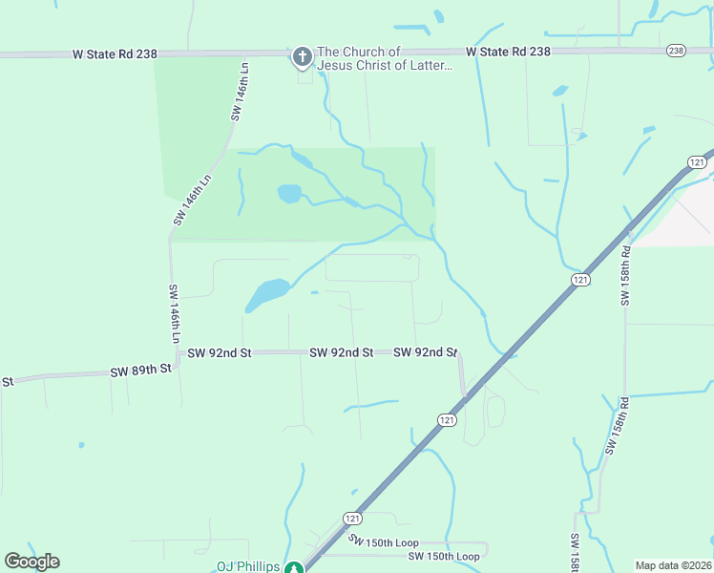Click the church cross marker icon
302,57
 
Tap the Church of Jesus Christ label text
384,58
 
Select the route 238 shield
676,51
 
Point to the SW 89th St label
140,370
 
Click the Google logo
31,562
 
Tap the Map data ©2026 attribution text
673,565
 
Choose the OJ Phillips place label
248,566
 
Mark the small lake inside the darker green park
289,194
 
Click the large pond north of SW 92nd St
268,292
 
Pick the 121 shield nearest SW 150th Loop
353,518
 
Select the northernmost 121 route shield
698,163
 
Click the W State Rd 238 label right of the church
508,52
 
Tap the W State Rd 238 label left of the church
115,54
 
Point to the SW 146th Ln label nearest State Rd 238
240,93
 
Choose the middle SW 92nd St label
341,352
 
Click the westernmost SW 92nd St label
219,352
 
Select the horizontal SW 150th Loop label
444,556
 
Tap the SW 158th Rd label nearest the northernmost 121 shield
626,277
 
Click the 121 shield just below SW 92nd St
448,419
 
